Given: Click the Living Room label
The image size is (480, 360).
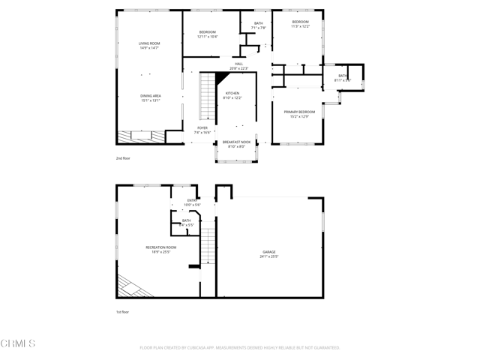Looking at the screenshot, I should (x=149, y=43).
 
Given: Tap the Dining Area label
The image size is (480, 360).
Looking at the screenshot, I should (x=150, y=96).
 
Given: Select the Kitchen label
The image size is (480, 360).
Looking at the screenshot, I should (x=232, y=94).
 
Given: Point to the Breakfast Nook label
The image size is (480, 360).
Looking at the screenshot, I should (x=236, y=142).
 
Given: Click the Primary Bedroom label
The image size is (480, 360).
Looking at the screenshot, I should (x=299, y=112).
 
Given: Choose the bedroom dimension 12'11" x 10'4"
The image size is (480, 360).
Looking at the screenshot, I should (x=207, y=37).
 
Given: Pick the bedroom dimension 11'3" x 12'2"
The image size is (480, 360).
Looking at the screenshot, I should (x=300, y=27).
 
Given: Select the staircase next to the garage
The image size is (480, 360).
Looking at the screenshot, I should (x=208, y=247).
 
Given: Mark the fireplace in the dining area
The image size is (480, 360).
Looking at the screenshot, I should (x=140, y=136).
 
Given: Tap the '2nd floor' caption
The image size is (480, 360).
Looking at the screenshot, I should (x=122, y=158).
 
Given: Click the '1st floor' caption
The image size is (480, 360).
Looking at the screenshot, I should (x=122, y=312).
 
